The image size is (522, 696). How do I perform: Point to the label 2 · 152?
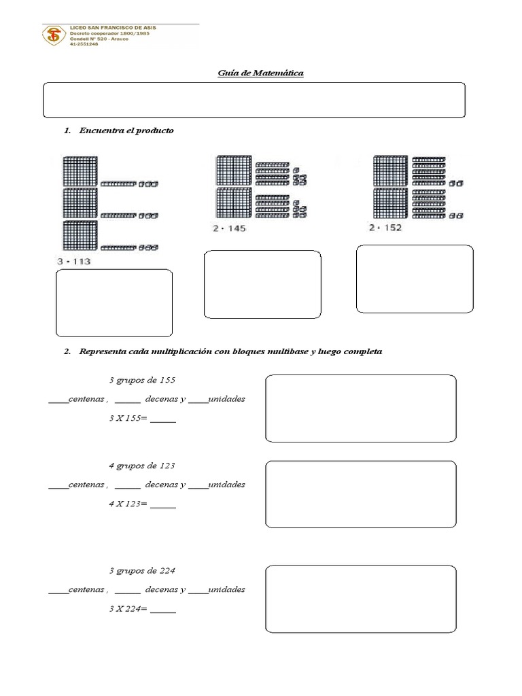tap(385, 228)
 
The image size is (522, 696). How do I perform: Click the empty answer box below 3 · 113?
tap(114, 303)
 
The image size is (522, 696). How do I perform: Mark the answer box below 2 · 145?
tap(262, 284)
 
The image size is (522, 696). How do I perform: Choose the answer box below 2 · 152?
tap(415, 279)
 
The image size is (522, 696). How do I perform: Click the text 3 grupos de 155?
tap(142, 380)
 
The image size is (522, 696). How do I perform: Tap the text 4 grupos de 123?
tap(142, 466)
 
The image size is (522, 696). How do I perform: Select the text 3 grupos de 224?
tap(142, 570)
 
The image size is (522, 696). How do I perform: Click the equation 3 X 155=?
tap(142, 419)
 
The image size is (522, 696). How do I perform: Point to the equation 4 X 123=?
tap(142, 504)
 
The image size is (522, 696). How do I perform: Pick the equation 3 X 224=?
tap(142, 609)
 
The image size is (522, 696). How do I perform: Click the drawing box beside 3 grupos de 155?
tap(360, 408)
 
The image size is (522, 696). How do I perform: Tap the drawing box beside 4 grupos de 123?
tap(360, 493)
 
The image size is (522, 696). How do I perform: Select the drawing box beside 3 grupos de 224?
tap(360, 599)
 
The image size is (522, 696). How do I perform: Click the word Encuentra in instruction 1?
tap(100, 130)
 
